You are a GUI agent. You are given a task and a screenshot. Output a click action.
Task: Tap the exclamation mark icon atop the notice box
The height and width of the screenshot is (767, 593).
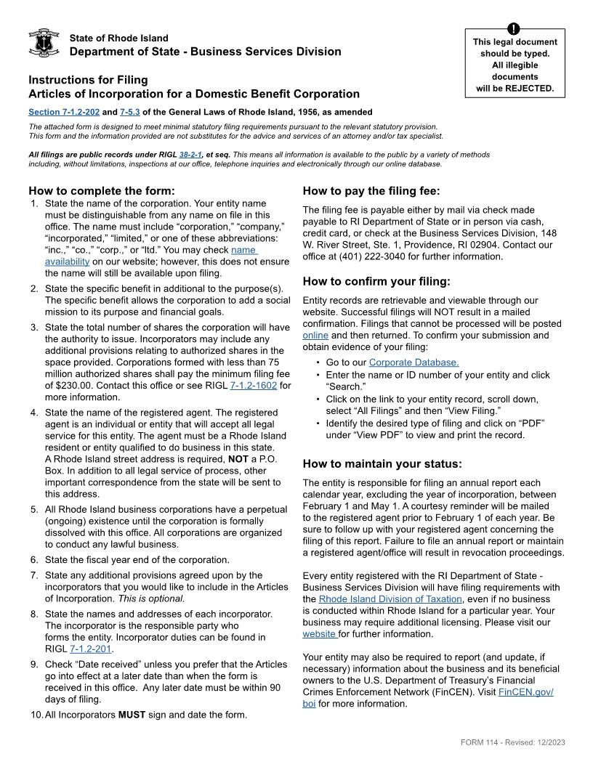515,29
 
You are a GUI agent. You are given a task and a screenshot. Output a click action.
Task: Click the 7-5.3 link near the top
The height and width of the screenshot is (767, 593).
130,113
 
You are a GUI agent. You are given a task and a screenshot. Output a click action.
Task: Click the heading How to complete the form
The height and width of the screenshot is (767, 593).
102,191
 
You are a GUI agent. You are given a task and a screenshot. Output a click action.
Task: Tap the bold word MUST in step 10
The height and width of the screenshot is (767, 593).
132,715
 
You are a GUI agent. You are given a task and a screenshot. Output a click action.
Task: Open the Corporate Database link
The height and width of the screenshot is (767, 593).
414,362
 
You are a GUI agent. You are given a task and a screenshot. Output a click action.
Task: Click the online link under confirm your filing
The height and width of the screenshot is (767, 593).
315,335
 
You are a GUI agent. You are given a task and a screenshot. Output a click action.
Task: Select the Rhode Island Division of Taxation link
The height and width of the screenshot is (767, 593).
390,599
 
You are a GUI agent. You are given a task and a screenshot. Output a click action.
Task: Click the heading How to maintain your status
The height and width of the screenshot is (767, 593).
382,463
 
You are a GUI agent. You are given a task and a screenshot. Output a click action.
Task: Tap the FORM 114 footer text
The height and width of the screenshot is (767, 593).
512,742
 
